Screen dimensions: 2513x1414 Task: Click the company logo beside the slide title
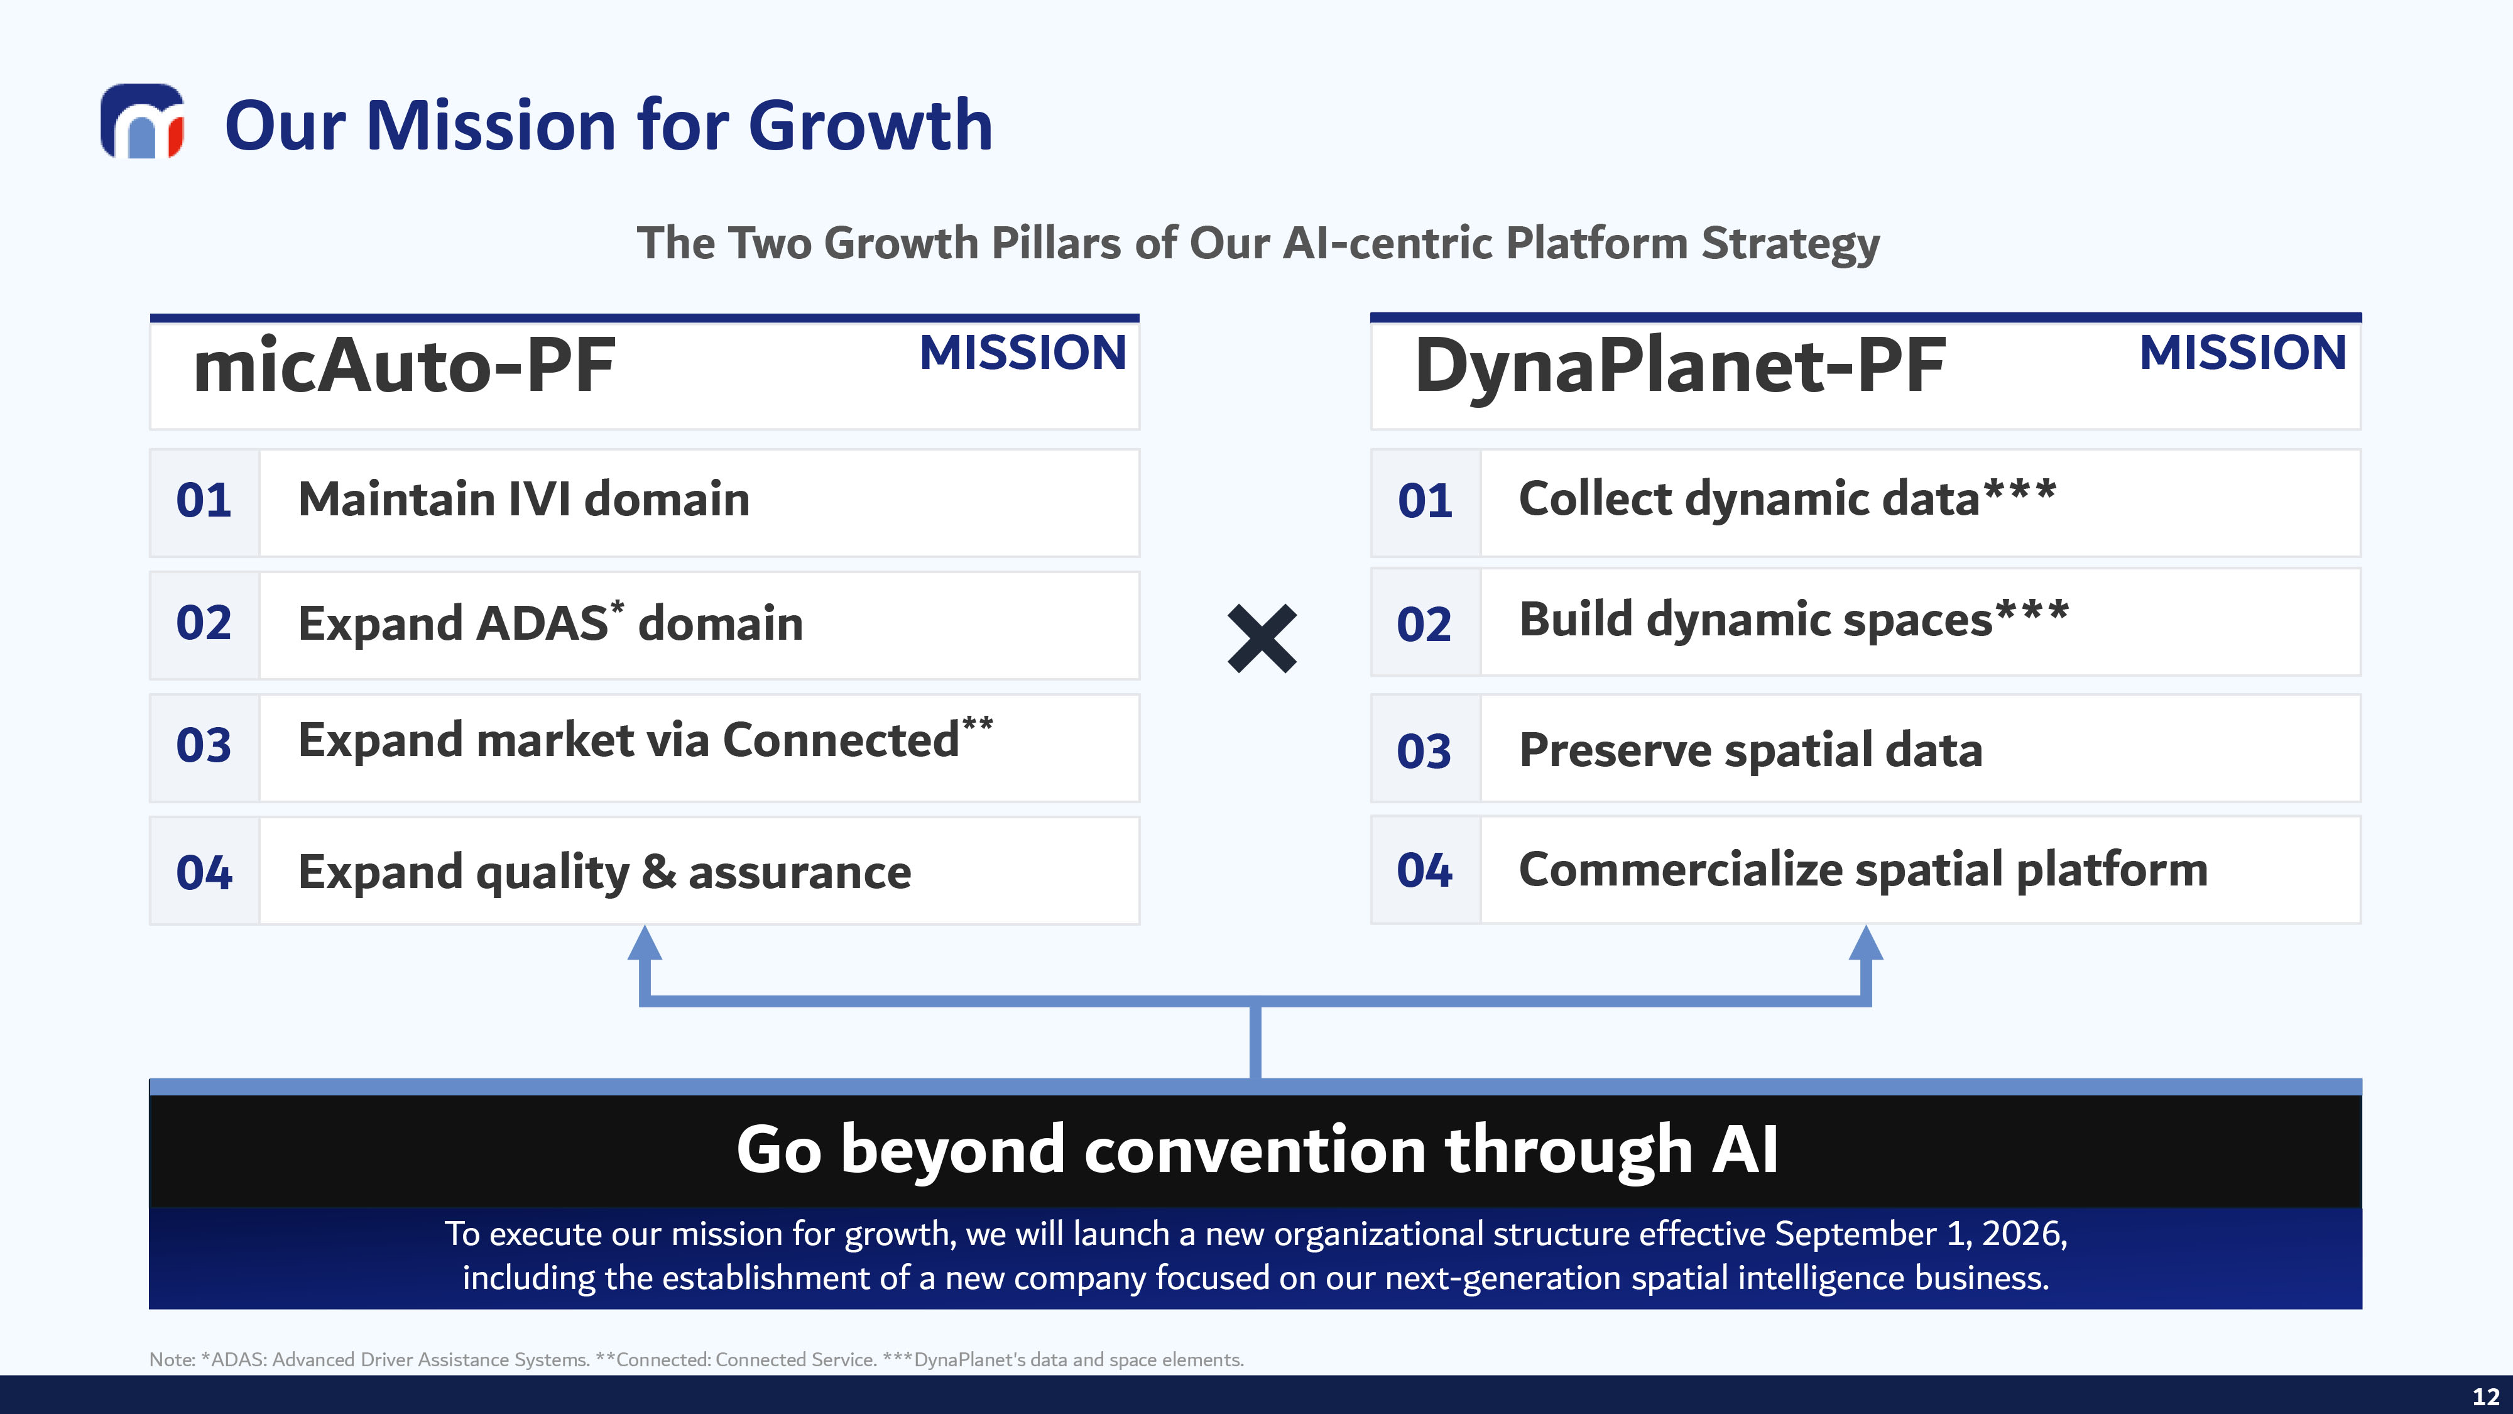[143, 121]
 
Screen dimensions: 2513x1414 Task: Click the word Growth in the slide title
[870, 126]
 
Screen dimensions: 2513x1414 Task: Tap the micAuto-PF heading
[404, 366]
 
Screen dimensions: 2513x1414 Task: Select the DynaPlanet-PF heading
[1680, 366]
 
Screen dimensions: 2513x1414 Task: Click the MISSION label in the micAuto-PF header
[1022, 353]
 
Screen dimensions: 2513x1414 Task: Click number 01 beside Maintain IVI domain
[204, 501]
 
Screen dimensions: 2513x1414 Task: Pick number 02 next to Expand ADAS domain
[204, 623]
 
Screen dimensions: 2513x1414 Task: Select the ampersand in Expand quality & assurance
[660, 872]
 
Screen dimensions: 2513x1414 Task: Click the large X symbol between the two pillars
[1262, 639]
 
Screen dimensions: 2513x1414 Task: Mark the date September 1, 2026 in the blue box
[1920, 1234]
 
